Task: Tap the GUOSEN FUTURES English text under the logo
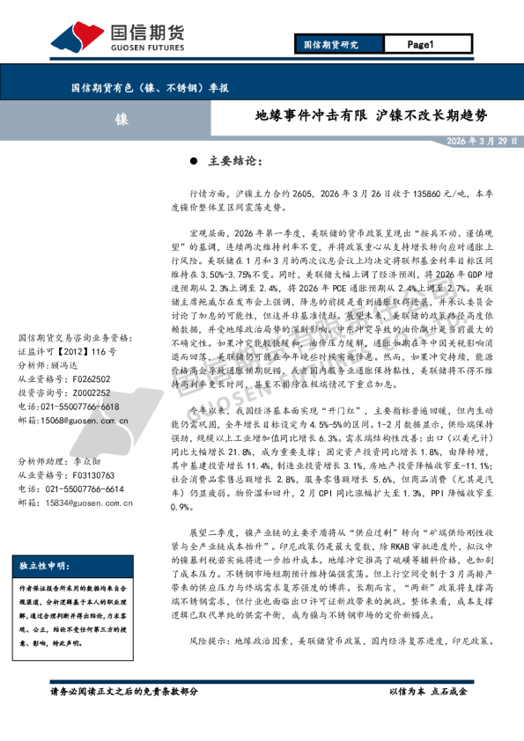tap(147, 51)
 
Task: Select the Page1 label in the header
tap(422, 44)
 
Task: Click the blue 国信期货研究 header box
tap(332, 44)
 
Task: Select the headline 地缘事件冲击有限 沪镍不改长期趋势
tap(370, 116)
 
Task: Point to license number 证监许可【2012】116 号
tap(66, 351)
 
